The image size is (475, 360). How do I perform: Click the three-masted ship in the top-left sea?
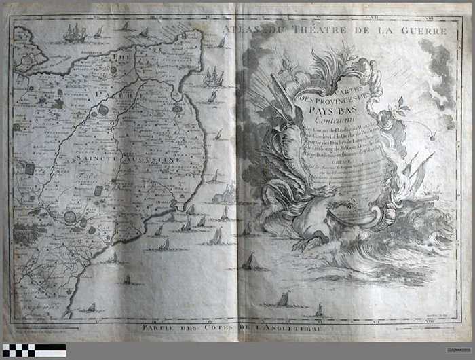(x=75, y=33)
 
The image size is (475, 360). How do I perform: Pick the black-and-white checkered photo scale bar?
(x=33, y=350)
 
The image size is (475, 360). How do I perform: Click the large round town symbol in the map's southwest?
(x=70, y=217)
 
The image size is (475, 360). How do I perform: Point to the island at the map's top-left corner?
(x=26, y=48)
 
